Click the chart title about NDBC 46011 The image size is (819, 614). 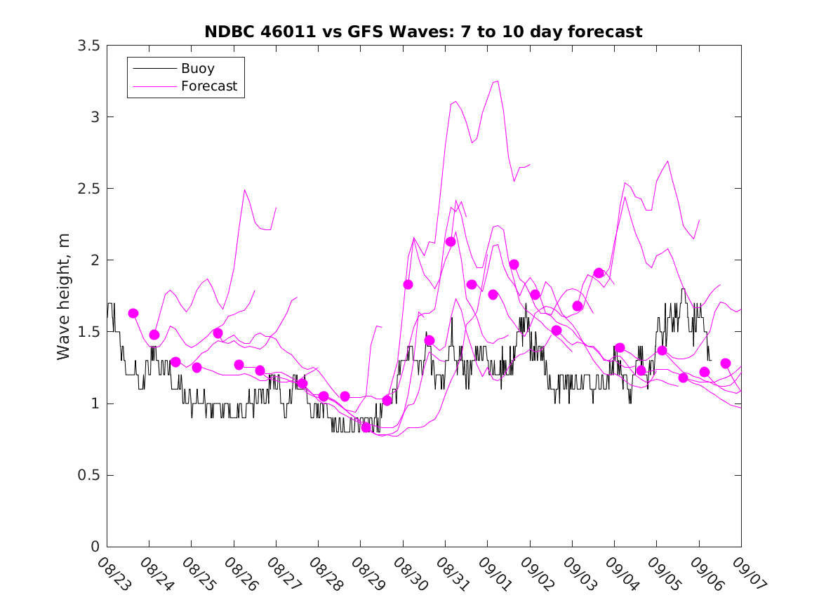tap(423, 32)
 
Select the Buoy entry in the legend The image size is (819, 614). tap(197, 69)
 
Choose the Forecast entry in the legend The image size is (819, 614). tap(208, 86)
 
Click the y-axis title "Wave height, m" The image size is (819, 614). tap(64, 295)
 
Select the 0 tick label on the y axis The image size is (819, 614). tap(95, 547)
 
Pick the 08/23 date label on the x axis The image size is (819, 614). tap(112, 574)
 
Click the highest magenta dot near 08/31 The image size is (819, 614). tap(451, 241)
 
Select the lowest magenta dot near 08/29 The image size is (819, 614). tap(366, 427)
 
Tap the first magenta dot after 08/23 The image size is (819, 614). tap(133, 313)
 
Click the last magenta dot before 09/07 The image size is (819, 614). tap(726, 363)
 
